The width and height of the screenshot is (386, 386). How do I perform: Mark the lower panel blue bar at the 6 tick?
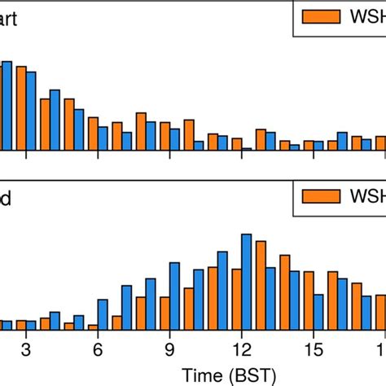tap(103, 314)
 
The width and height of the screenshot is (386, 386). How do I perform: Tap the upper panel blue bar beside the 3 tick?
tap(31, 111)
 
